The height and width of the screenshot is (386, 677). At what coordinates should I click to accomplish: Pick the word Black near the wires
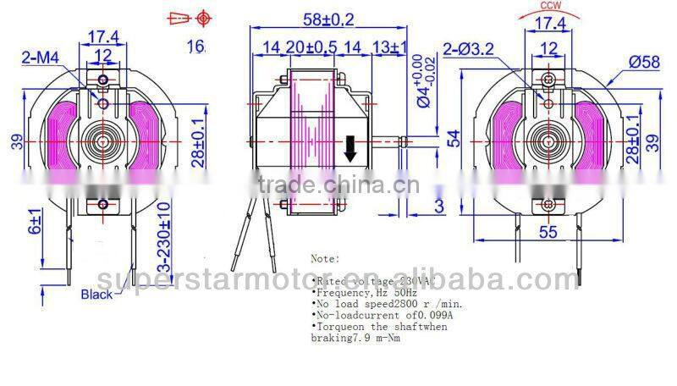coord(96,295)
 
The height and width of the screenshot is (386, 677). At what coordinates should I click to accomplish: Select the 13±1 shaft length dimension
coord(389,47)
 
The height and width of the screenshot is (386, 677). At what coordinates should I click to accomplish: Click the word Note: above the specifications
coord(325,257)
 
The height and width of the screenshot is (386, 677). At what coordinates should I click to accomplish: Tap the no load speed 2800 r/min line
coord(385,302)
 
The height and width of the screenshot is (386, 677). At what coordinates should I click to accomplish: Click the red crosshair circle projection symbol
coord(203,18)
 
